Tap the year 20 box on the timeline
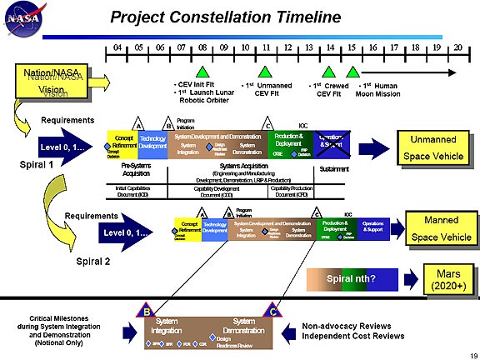[457, 49]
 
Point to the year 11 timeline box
[267, 49]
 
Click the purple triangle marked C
[272, 311]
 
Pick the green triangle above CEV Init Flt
[202, 72]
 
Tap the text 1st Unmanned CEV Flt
[267, 89]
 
